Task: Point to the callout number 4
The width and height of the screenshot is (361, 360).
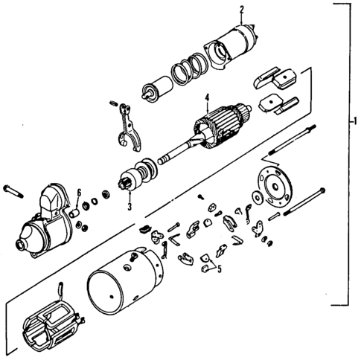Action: [x=208, y=95]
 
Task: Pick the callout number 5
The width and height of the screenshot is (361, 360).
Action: [x=219, y=270]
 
